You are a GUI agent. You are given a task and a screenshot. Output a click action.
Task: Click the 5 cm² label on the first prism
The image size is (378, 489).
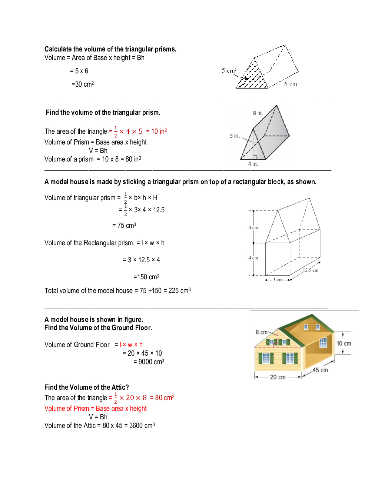229,70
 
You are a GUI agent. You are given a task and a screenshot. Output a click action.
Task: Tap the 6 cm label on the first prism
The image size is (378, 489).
291,84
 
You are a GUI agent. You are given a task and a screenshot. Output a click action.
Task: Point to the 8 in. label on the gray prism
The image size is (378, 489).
258,113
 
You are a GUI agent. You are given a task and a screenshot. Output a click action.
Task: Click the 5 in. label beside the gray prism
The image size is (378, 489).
235,136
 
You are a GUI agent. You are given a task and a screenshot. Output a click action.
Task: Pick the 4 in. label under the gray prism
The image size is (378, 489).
253,164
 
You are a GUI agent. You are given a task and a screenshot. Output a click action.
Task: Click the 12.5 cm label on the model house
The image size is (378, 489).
311,270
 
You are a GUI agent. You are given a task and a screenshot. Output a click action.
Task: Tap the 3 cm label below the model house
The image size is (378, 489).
278,280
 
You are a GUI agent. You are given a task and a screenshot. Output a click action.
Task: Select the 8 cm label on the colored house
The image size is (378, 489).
261,332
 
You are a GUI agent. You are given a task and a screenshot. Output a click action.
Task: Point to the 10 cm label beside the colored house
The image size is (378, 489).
344,343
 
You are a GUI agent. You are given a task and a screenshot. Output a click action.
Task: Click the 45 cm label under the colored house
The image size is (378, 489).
320,370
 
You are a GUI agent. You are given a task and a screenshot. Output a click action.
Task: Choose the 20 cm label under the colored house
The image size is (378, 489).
278,377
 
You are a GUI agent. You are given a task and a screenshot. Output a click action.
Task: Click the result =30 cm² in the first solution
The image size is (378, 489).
83,84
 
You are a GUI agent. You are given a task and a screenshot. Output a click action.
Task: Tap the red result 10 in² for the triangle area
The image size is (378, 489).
159,132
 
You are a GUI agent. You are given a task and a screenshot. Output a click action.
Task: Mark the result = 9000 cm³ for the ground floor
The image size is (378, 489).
149,362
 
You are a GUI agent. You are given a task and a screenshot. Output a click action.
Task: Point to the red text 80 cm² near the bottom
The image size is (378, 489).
165,398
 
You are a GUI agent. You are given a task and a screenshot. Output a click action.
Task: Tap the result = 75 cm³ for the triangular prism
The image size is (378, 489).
124,226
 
